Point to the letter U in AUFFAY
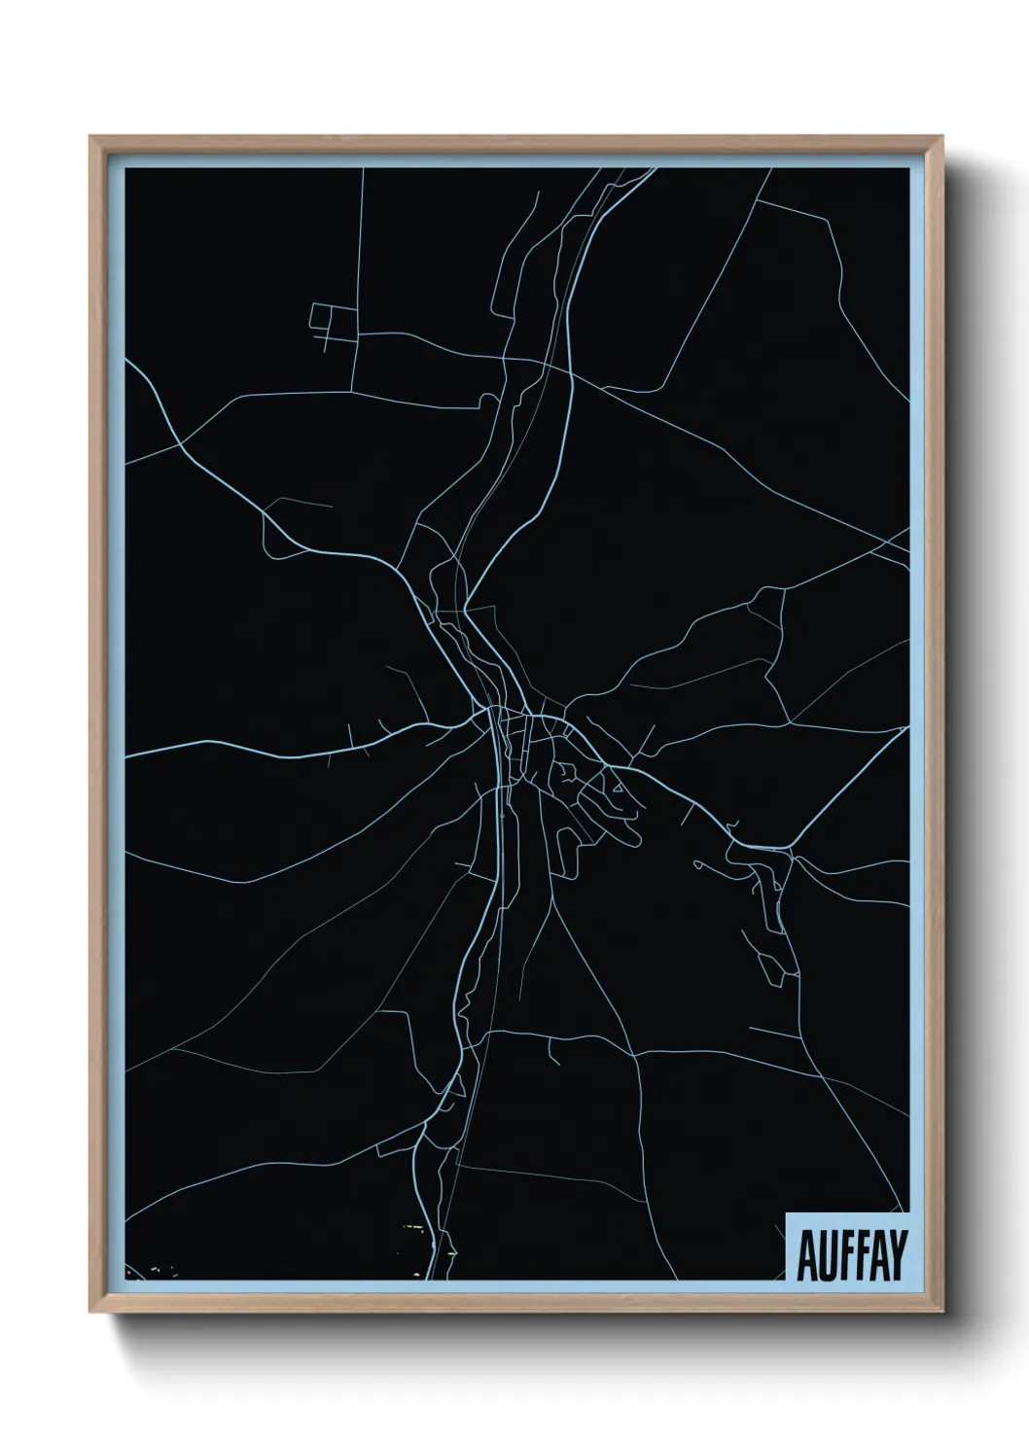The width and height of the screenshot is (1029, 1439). pos(825,1256)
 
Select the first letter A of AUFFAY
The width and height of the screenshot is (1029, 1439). pos(807,1256)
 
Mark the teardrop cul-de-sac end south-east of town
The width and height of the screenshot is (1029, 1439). pos(633,834)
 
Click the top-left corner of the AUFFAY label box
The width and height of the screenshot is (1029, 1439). pos(786,1214)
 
